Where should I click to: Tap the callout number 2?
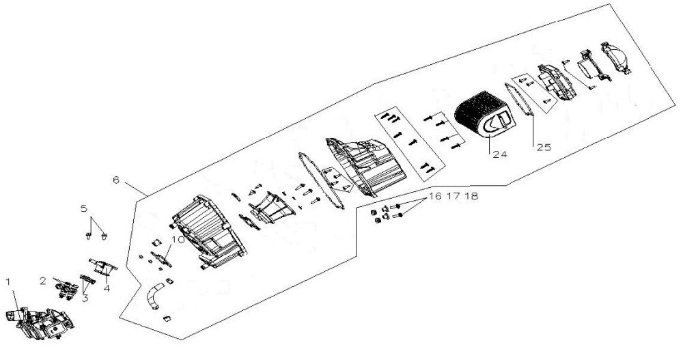42,280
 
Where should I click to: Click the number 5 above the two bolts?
83,207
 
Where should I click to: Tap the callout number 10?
178,240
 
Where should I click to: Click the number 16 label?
435,196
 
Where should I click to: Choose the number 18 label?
471,196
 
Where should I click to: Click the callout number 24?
500,154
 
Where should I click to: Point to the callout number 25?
542,147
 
